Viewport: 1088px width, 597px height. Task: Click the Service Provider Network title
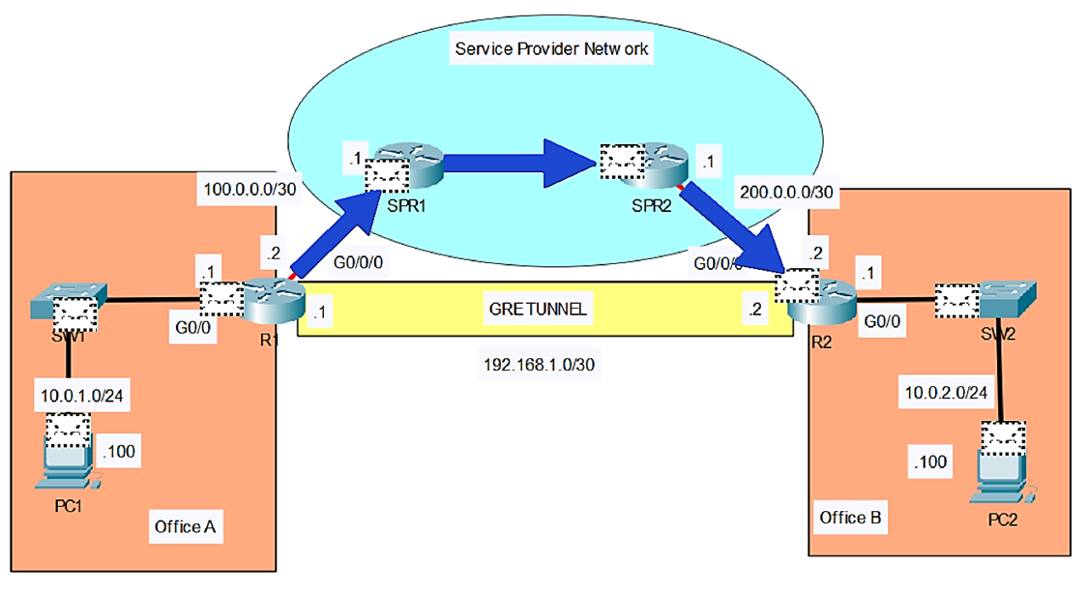point(552,48)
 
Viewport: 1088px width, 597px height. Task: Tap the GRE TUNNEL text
point(540,312)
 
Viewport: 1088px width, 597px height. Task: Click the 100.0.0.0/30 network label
point(246,189)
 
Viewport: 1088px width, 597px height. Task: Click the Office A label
point(185,526)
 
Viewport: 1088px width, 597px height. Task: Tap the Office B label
point(850,518)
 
